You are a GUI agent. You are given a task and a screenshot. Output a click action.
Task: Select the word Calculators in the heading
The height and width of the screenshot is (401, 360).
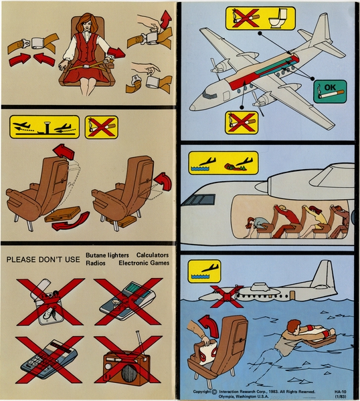pyautogui.click(x=153, y=255)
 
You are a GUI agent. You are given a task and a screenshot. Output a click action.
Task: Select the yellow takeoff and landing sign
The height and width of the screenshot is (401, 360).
pyautogui.click(x=45, y=127)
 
